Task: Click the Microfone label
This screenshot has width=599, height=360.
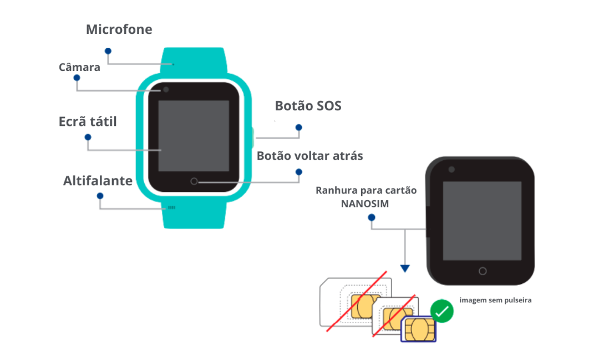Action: coord(119,29)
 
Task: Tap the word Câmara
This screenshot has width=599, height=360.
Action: coord(79,68)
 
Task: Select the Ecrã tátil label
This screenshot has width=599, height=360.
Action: coord(88,121)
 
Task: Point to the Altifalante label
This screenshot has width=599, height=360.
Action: coord(98,181)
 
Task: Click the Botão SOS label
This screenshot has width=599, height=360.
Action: coord(308,105)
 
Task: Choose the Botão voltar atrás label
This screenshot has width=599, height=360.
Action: coord(309,156)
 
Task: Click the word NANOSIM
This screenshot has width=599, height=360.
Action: coord(365,204)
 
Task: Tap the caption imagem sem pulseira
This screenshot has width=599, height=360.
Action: coord(495,300)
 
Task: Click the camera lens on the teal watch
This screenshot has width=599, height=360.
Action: coord(165,90)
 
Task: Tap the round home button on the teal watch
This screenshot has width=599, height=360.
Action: coord(194,181)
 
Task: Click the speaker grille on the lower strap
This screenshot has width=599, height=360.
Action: coord(172,207)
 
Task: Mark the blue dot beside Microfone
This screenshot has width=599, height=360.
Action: coord(108,50)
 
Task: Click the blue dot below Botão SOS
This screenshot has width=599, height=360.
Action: coord(298,128)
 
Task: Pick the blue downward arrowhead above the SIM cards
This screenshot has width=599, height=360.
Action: coord(405,268)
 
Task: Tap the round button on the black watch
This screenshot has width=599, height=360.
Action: coord(483,271)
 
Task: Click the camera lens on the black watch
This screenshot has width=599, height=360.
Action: coord(451,169)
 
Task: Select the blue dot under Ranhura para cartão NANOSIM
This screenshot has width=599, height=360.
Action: coord(371,217)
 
